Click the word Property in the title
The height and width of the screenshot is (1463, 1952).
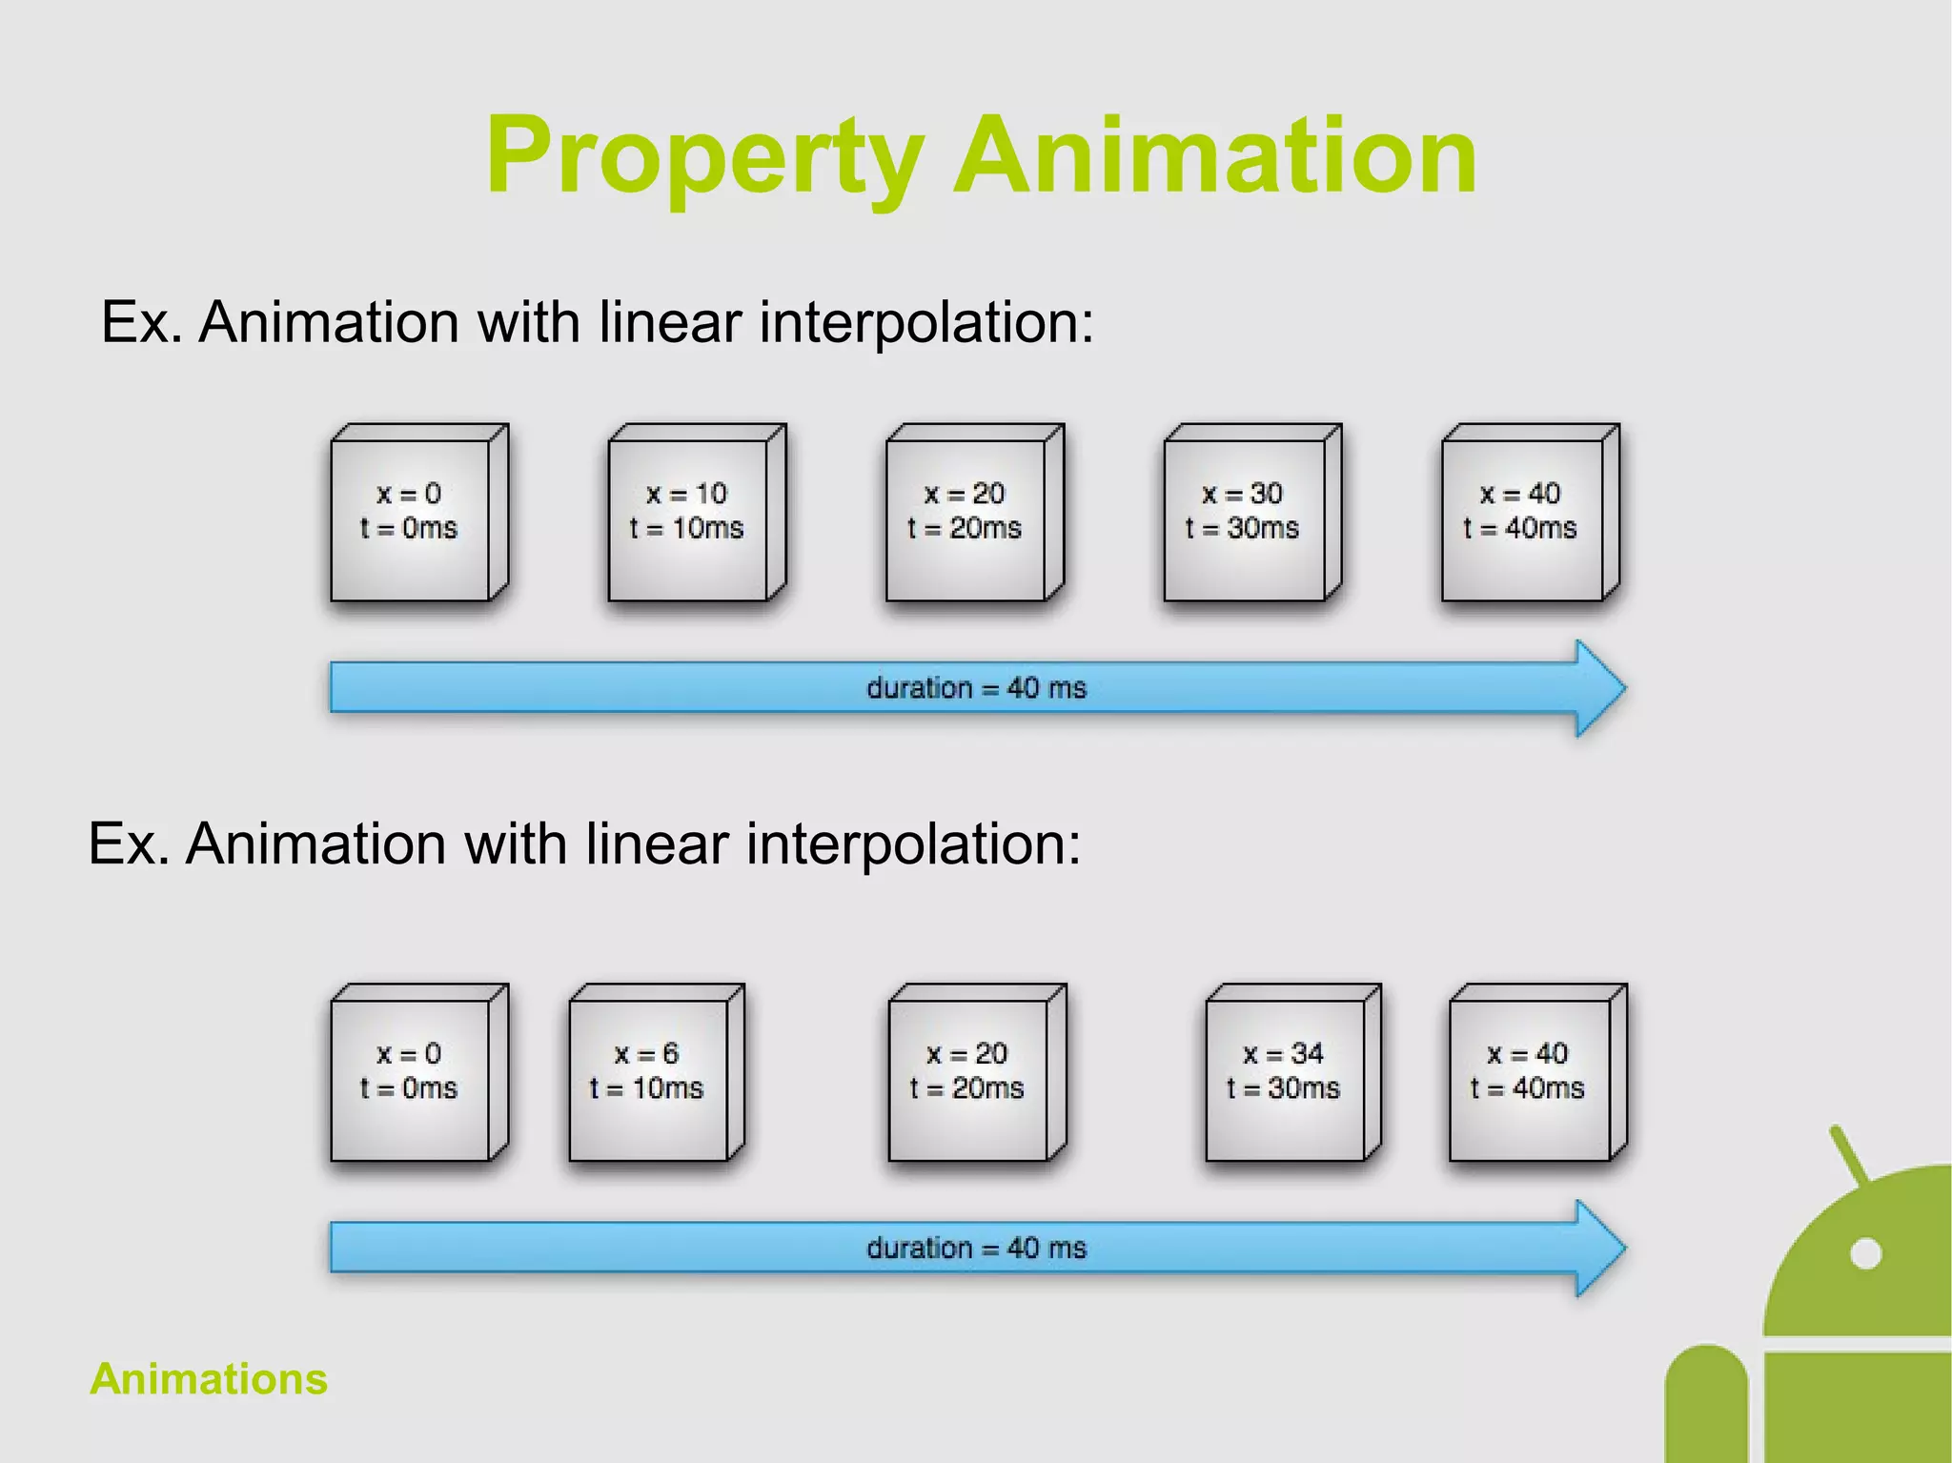tap(703, 155)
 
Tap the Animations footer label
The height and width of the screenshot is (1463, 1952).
tap(209, 1378)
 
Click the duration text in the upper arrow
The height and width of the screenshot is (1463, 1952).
tap(976, 688)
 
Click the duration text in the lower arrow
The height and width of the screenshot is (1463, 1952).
tap(976, 1249)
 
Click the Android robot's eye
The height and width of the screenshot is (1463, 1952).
tap(1865, 1252)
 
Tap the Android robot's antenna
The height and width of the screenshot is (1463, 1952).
tap(1850, 1154)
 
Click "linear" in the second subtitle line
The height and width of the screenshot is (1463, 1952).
tap(657, 844)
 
